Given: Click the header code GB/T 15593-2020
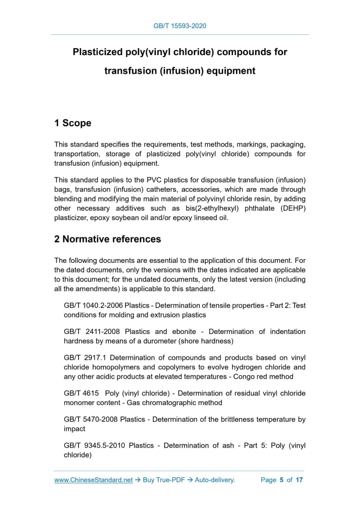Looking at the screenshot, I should click(180, 25).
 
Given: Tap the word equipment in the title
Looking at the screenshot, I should click(229, 71).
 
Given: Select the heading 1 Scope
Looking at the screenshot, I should click(73, 123).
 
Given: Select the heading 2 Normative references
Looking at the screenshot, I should click(108, 239).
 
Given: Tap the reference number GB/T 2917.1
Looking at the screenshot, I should click(85, 357).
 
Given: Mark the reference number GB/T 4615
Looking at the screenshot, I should click(81, 393).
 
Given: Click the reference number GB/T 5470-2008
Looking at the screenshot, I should click(91, 419).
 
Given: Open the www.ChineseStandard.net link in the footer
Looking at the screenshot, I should click(94, 480).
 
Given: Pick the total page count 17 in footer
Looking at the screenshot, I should click(299, 480).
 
